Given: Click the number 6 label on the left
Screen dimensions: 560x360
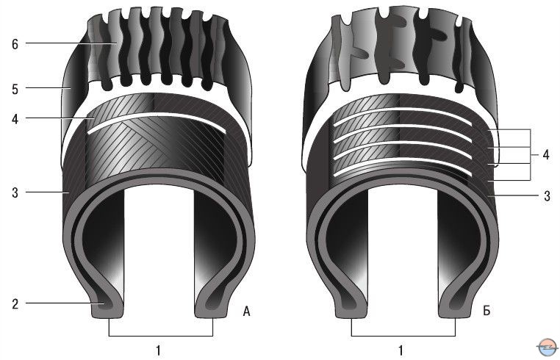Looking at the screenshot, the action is (15, 44).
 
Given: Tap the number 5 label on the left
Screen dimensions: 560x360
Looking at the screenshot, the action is (15, 89).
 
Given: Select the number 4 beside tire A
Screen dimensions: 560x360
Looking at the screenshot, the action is (15, 119).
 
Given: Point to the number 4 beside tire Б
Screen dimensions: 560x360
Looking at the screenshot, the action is (546, 155).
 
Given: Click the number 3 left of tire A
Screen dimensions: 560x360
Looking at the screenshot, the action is (15, 192).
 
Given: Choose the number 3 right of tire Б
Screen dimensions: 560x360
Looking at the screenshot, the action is (547, 196).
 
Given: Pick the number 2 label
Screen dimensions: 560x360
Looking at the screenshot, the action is (15, 304).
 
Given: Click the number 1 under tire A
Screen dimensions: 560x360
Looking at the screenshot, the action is (159, 350).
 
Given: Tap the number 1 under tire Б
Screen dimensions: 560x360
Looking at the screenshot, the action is (401, 350).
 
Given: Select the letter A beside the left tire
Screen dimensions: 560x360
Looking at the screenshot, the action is (246, 312).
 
